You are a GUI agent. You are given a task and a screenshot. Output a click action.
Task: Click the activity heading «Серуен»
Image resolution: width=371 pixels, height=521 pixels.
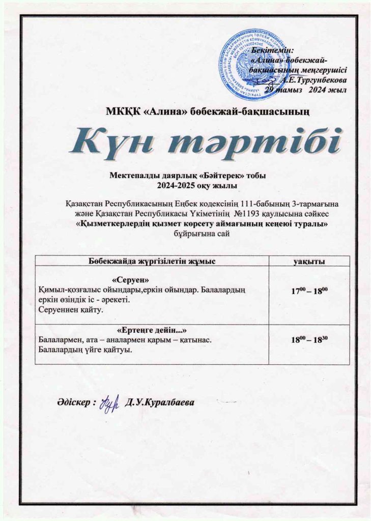point(131,280)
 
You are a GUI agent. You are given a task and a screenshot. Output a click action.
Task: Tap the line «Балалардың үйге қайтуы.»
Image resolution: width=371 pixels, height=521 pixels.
point(82,349)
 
